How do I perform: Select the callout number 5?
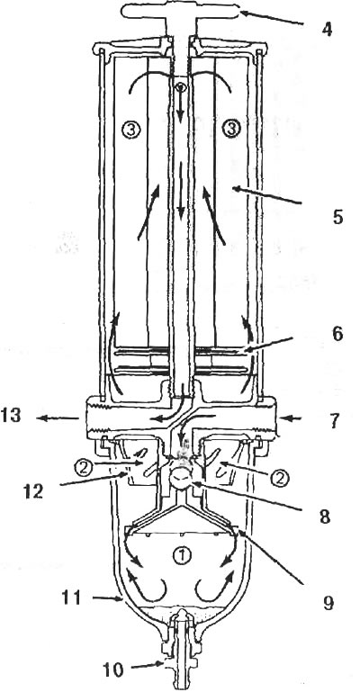tap(337, 218)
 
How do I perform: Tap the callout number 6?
tap(337, 334)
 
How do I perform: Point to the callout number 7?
tap(337, 421)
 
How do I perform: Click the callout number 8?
tap(325, 517)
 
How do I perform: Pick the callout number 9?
tap(327, 602)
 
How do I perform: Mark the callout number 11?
tap(71, 598)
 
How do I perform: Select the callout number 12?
tap(33, 490)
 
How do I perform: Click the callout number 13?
tap(12, 416)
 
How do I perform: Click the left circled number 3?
tap(132, 130)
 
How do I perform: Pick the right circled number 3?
tap(231, 130)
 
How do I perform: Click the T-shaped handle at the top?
tap(182, 13)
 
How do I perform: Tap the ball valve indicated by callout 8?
tap(181, 478)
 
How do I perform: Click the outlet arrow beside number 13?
tap(58, 418)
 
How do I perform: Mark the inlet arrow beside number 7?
tap(294, 416)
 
